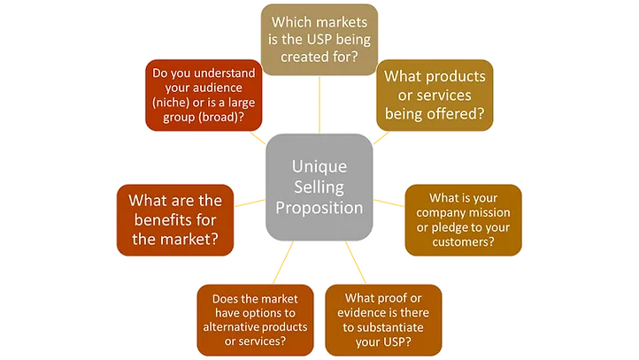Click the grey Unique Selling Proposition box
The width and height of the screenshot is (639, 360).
[319, 187]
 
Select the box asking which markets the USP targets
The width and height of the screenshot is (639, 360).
[319, 40]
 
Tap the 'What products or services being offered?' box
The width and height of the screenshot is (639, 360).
[435, 96]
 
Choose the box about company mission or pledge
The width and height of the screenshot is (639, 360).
[463, 220]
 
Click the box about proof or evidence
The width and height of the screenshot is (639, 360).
[383, 320]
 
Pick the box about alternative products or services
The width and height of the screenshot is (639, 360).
[255, 320]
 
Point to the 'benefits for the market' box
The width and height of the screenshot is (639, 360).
[175, 220]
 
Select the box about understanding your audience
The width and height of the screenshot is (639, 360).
[204, 96]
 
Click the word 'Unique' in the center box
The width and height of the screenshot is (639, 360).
[319, 166]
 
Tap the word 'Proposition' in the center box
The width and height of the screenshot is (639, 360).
[319, 208]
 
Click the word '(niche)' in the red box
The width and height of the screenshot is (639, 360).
[171, 103]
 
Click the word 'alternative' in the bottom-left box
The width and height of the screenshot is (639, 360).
[229, 326]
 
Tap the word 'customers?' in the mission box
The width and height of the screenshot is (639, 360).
[463, 241]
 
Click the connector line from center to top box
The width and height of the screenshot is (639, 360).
[319, 104]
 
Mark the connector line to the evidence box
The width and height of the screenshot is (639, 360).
[356, 263]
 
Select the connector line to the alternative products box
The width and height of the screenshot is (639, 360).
[283, 263]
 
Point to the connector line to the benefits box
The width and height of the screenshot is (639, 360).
[250, 203]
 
